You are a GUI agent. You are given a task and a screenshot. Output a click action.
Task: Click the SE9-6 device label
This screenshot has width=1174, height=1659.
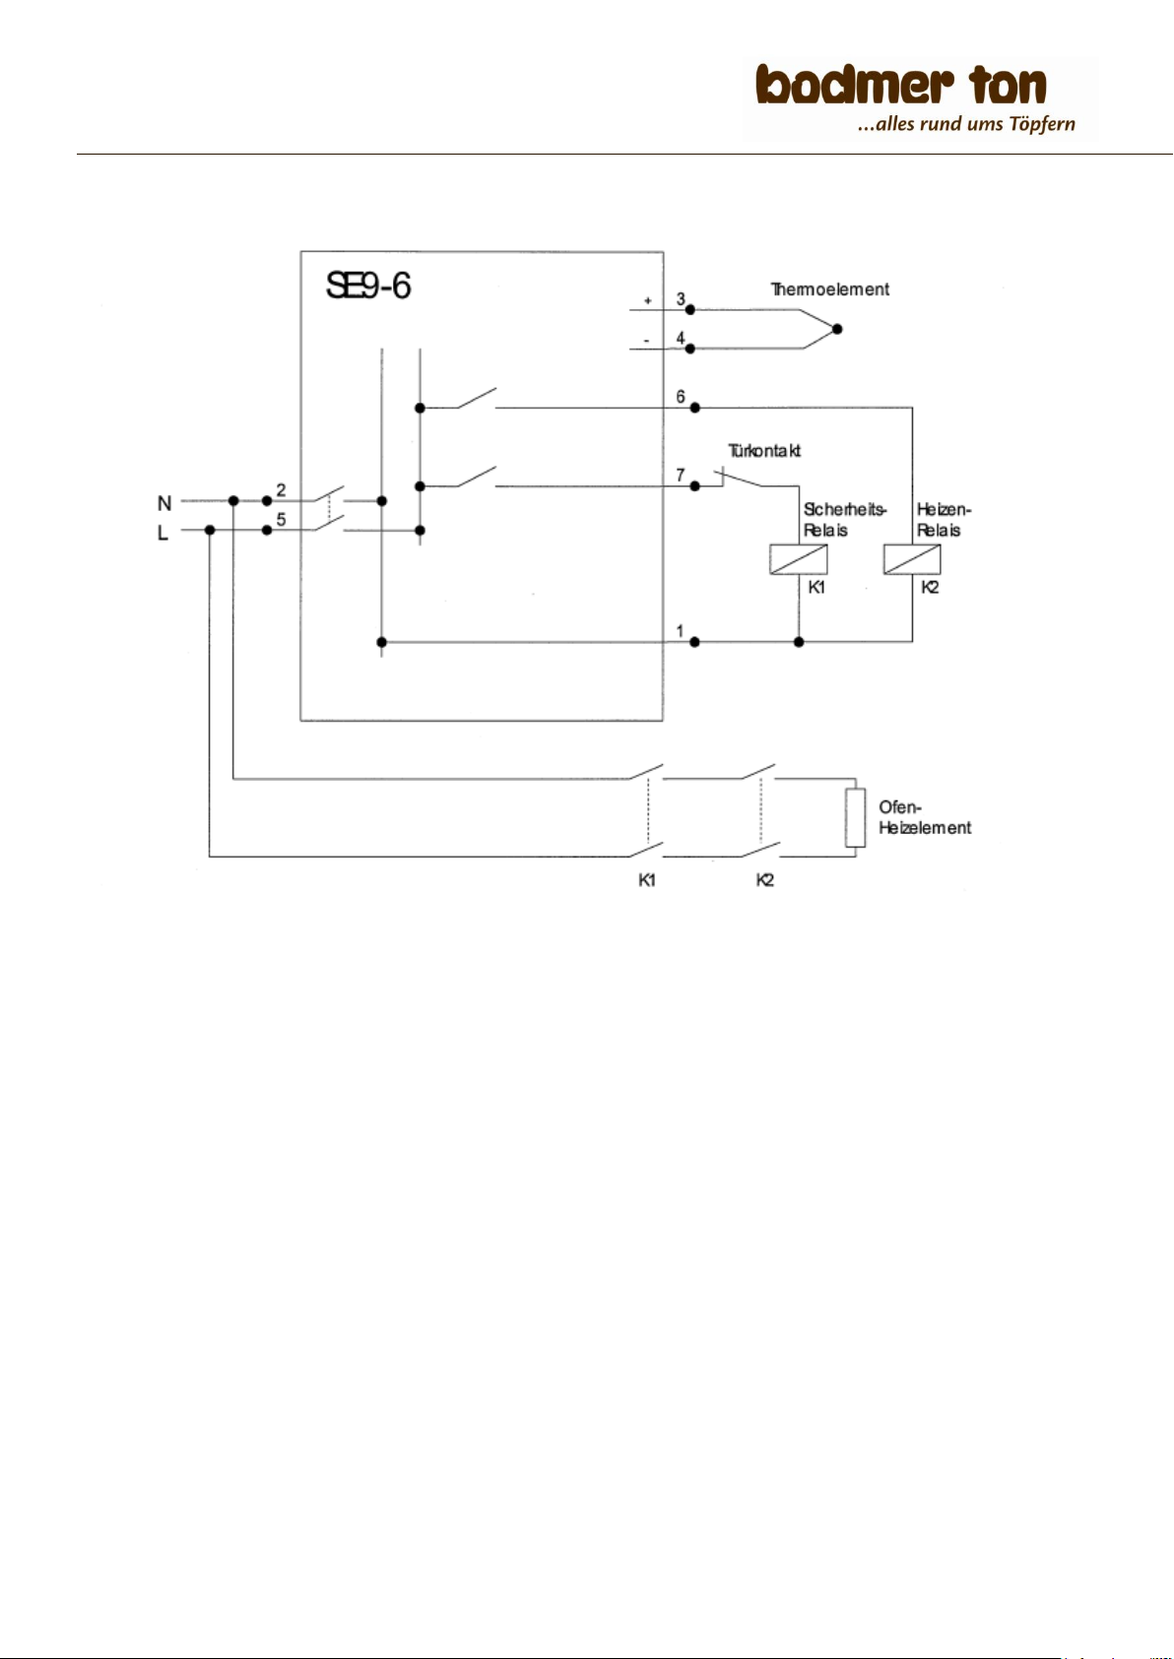coord(368,286)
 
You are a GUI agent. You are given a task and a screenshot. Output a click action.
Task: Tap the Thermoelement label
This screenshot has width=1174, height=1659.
coord(829,289)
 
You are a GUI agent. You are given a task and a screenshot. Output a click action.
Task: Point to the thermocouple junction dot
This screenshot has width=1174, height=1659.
coord(837,329)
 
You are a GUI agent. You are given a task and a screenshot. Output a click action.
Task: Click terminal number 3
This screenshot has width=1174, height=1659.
coord(681,299)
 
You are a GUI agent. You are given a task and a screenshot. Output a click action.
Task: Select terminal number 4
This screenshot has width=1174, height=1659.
coord(681,339)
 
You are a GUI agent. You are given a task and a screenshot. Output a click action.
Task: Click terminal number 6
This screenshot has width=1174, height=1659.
coord(681,397)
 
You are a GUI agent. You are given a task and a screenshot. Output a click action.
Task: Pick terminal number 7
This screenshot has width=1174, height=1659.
coord(681,475)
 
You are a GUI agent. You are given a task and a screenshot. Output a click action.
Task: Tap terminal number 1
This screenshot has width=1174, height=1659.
coord(680,631)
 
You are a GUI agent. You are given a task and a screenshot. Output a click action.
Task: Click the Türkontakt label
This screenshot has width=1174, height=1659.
coord(764,451)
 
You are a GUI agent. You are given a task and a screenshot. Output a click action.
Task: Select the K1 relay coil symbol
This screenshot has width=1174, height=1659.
coord(799,559)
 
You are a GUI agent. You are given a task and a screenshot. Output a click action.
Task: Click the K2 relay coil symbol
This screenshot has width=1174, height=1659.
coord(912,559)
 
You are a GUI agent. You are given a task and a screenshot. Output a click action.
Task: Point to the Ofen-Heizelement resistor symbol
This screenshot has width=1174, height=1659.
coord(856,817)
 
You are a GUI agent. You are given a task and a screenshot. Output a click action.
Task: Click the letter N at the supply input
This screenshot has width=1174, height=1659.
coord(164,504)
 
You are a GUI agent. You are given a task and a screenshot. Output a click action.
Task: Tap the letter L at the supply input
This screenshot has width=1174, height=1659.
coord(163,533)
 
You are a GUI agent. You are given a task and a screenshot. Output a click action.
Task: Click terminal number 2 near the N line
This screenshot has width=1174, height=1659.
coord(282,490)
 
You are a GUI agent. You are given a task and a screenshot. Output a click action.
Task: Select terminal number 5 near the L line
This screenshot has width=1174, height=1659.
coord(282,520)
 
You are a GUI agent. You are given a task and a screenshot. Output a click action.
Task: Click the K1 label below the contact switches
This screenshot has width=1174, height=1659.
coord(647,880)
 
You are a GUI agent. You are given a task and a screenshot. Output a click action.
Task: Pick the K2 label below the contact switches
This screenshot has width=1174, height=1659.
coord(765,880)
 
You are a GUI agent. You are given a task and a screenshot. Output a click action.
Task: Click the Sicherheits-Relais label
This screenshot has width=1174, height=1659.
coord(845,520)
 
